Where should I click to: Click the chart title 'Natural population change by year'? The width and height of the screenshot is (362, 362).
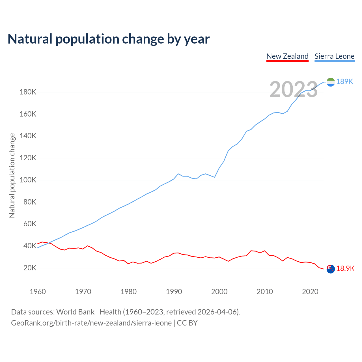[x=109, y=39]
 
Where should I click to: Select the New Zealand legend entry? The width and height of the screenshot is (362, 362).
[x=287, y=56]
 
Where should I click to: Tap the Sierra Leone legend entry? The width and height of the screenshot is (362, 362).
[x=334, y=56]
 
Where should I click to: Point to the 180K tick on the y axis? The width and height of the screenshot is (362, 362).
[x=28, y=92]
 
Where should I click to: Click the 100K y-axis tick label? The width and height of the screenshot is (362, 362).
[x=28, y=180]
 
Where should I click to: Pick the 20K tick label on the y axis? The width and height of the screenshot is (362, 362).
[x=30, y=268]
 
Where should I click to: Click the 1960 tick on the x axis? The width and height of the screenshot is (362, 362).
[x=38, y=292]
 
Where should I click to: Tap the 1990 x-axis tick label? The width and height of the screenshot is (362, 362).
[x=174, y=292]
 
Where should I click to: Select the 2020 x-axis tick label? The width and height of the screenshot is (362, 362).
[x=310, y=292]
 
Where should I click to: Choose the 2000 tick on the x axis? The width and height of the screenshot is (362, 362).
[x=219, y=292]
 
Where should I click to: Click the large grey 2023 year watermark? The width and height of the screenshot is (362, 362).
[x=294, y=89]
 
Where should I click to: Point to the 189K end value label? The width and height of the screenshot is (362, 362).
[x=345, y=82]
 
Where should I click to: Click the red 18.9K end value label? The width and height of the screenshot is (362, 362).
[x=345, y=269]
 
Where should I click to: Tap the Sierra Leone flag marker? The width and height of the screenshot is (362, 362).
[x=331, y=82]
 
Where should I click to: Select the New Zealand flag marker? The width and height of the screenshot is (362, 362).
[x=331, y=269]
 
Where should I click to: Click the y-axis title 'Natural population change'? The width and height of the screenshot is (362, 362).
[x=12, y=176]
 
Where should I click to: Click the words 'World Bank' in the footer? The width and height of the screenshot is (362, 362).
[x=75, y=312]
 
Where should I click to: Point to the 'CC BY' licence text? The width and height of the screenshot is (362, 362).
[x=187, y=323]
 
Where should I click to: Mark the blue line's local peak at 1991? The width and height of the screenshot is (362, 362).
[x=178, y=174]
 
